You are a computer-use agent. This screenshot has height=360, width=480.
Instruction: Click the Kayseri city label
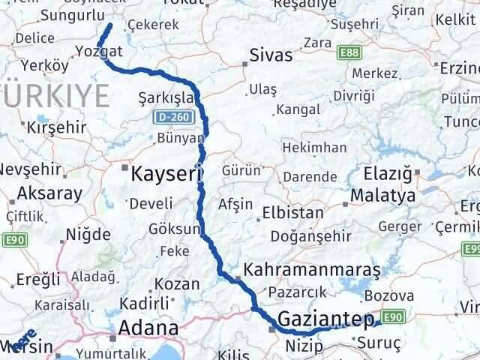[166, 175]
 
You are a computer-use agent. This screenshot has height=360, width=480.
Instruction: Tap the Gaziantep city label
[324, 320]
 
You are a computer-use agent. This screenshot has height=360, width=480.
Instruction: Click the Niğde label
[88, 235]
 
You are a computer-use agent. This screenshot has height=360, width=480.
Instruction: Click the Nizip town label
[303, 346]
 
